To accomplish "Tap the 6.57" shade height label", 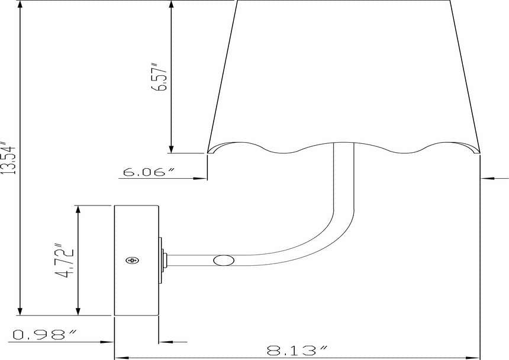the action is click(160, 77).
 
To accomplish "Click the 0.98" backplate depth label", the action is click(45, 335).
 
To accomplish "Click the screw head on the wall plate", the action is click(132, 261).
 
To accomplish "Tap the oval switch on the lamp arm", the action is click(224, 261).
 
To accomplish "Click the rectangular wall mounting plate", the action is click(136, 261).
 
